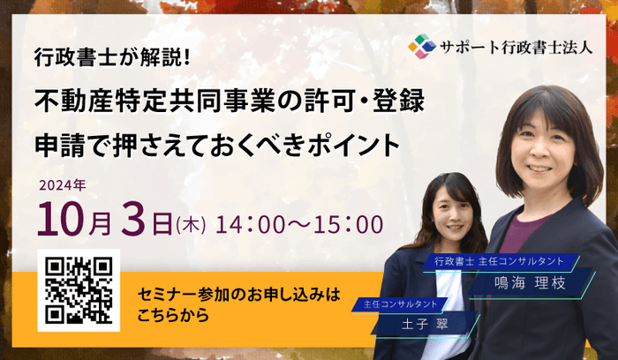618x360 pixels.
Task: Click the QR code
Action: [79, 289]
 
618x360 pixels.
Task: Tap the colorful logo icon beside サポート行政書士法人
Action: [422, 45]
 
